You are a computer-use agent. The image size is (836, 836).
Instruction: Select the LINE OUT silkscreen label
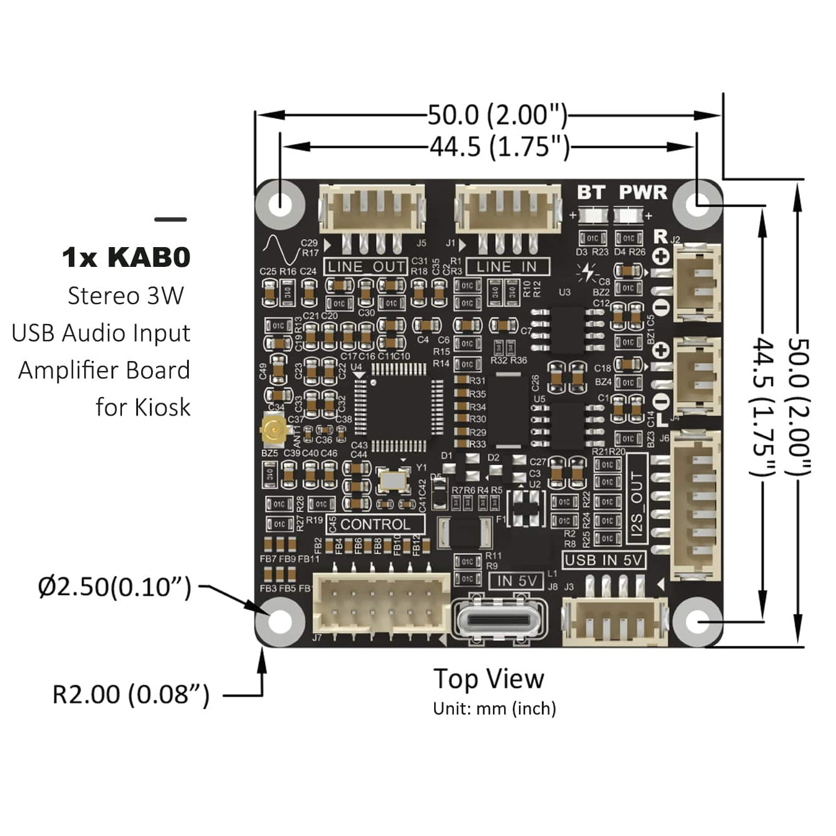[x=365, y=267]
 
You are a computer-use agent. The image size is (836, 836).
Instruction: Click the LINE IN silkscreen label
[x=507, y=267]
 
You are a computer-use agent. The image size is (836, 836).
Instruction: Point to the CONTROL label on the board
[x=375, y=525]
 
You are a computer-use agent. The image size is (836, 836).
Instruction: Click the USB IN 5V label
[x=604, y=560]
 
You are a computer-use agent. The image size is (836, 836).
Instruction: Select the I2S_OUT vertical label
[x=637, y=505]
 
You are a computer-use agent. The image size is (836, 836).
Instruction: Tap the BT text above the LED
[x=590, y=193]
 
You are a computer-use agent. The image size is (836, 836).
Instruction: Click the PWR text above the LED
[x=643, y=193]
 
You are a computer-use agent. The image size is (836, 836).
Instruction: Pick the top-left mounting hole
[x=281, y=203]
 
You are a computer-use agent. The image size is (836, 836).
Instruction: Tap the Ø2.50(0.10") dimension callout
[x=115, y=586]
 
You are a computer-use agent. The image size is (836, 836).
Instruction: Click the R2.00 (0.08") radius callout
[x=131, y=695]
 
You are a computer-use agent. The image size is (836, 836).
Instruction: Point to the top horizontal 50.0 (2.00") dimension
[x=497, y=115]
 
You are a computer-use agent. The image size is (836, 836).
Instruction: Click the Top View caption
[x=489, y=679]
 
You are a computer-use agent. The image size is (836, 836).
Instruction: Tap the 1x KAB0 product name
[x=126, y=258]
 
